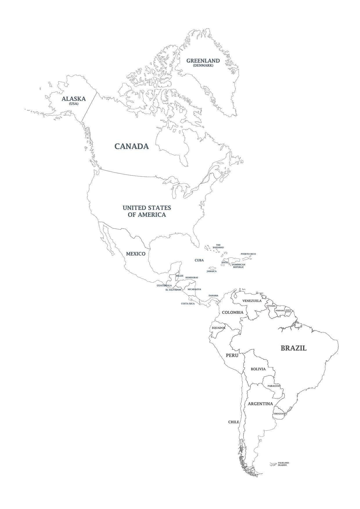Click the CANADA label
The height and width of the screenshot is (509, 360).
pyautogui.click(x=132, y=146)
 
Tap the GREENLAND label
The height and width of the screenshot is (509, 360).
pyautogui.click(x=203, y=61)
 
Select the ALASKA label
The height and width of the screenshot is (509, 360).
pyautogui.click(x=73, y=99)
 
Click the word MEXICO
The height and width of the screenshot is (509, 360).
pyautogui.click(x=136, y=254)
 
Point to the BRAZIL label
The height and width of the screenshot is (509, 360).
pyautogui.click(x=293, y=348)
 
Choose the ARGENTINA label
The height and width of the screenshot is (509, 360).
pyautogui.click(x=260, y=404)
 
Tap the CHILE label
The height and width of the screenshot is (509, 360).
pyautogui.click(x=233, y=422)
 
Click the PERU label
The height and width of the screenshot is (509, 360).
pyautogui.click(x=232, y=355)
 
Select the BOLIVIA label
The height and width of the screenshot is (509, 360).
pyautogui.click(x=258, y=369)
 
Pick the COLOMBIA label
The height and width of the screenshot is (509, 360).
pyautogui.click(x=233, y=313)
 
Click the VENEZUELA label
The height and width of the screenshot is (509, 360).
pyautogui.click(x=252, y=301)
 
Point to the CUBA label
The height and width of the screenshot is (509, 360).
pyautogui.click(x=199, y=260)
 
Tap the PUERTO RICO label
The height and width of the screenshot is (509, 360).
pyautogui.click(x=248, y=254)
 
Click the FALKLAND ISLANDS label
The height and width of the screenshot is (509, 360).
pyautogui.click(x=283, y=472)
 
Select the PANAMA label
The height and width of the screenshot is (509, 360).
pyautogui.click(x=213, y=296)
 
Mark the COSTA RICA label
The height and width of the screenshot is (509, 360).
pyautogui.click(x=188, y=304)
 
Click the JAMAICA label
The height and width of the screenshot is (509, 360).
pyautogui.click(x=211, y=271)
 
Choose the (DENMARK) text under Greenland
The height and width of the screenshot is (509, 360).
pyautogui.click(x=203, y=66)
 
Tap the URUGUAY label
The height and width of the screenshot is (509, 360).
pyautogui.click(x=279, y=414)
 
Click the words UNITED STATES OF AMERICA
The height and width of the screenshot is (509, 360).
pyautogui.click(x=147, y=211)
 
